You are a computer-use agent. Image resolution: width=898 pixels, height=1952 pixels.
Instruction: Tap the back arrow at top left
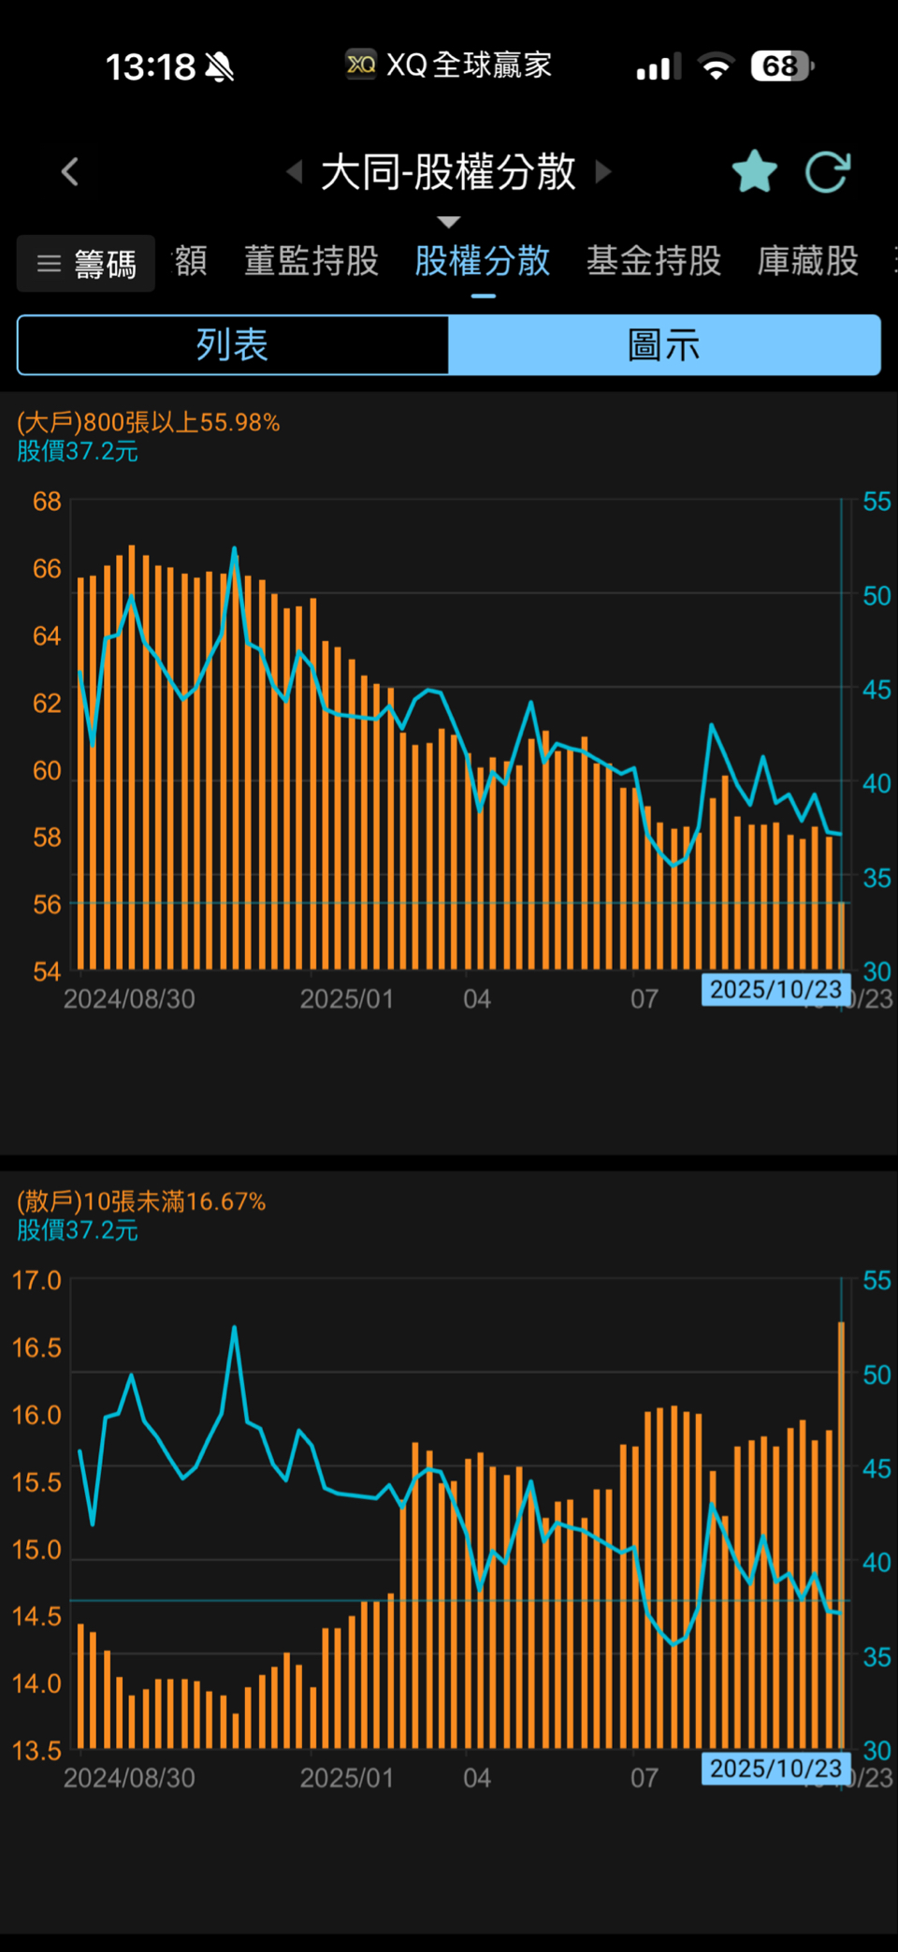tap(70, 172)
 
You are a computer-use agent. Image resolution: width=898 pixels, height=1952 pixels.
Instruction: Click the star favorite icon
tap(754, 171)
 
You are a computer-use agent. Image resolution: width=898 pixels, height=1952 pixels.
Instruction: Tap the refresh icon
tap(828, 172)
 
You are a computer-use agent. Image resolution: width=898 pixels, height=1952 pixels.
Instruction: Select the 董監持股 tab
tap(311, 261)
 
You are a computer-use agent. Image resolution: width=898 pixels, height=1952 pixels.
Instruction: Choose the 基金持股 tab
tap(653, 261)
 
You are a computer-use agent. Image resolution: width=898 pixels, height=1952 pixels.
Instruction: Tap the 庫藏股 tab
tap(807, 261)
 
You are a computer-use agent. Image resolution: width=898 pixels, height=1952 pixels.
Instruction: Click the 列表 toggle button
tap(233, 345)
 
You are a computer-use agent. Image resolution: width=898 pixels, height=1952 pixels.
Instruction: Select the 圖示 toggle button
tap(664, 345)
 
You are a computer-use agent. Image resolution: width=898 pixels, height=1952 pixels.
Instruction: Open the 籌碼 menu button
tap(86, 264)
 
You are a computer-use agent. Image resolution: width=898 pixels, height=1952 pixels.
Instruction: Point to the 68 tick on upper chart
tap(47, 502)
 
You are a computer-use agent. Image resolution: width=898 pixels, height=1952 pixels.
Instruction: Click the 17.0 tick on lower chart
tap(36, 1280)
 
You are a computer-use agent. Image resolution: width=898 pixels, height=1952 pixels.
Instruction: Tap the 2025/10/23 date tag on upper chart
tap(775, 989)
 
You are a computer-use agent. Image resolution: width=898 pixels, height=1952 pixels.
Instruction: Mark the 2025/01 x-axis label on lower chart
tap(346, 1778)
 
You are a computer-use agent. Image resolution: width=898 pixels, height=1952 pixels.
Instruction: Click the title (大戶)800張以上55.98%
tap(149, 422)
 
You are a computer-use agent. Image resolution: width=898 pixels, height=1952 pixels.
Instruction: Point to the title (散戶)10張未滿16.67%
tap(141, 1202)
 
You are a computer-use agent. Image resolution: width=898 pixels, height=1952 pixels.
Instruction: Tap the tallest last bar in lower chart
tap(841, 1535)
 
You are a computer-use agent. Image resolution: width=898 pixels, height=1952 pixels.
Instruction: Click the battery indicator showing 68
tap(781, 66)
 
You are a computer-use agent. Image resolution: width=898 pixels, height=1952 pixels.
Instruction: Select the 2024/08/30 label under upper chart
tap(129, 999)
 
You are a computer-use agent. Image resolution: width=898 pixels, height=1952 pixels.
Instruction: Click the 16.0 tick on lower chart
tap(36, 1415)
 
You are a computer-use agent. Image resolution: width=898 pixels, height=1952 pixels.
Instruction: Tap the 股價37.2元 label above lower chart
tap(78, 1231)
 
